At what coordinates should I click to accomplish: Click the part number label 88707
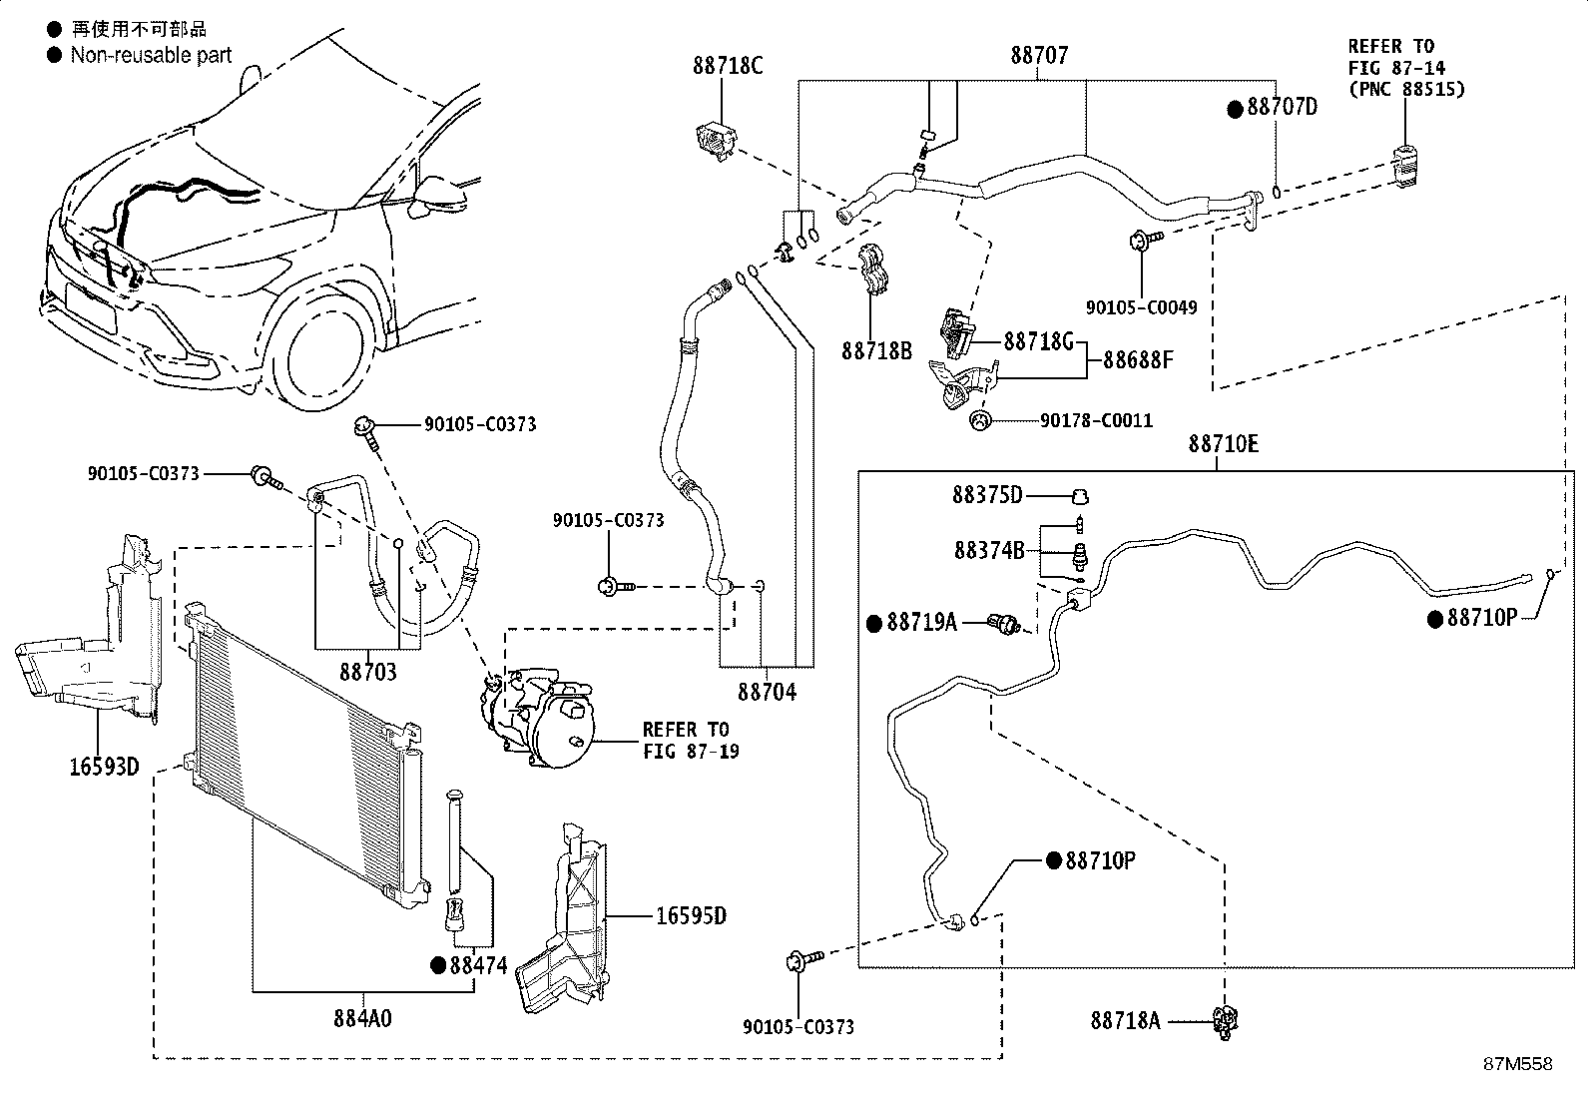coord(1039,55)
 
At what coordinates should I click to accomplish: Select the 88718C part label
coord(728,66)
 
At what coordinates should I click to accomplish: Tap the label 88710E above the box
coord(1224,444)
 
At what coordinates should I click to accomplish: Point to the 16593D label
coord(104,767)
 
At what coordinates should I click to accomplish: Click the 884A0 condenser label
coord(362,1019)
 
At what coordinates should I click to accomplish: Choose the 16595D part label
coord(692,916)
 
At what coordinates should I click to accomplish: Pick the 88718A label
coord(1126,1021)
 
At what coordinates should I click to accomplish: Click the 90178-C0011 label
coord(1096,421)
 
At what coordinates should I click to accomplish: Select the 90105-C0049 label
coord(1142,307)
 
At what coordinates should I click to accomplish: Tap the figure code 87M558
coord(1518,1064)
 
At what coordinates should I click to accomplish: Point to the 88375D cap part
coord(1079,497)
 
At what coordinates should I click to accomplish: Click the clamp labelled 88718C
coord(717,141)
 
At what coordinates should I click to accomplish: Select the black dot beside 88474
coord(438,965)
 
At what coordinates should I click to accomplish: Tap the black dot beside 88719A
coord(874,623)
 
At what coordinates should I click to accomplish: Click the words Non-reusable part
coord(151,55)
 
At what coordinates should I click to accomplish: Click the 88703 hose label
coord(368,672)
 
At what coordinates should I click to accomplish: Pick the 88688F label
coord(1139,360)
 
